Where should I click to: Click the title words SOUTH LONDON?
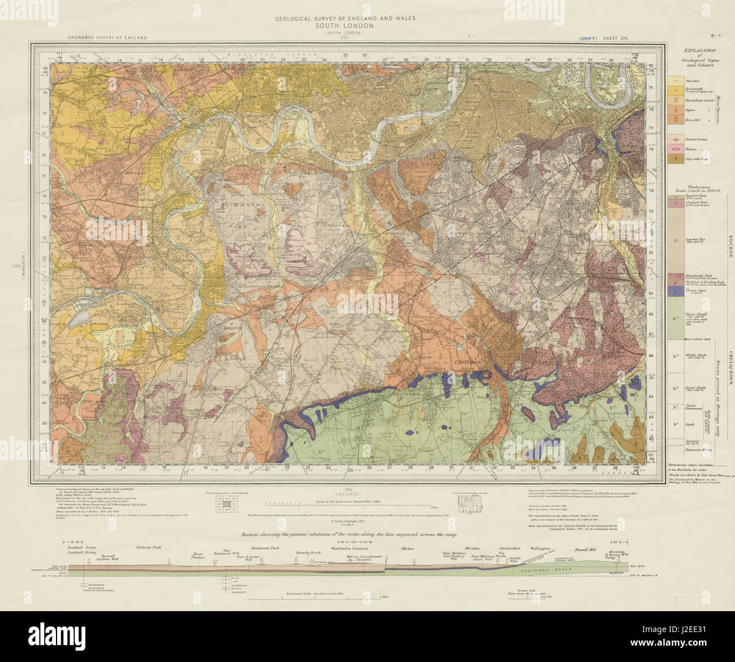pos(345,26)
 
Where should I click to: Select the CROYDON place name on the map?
pos(466,361)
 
